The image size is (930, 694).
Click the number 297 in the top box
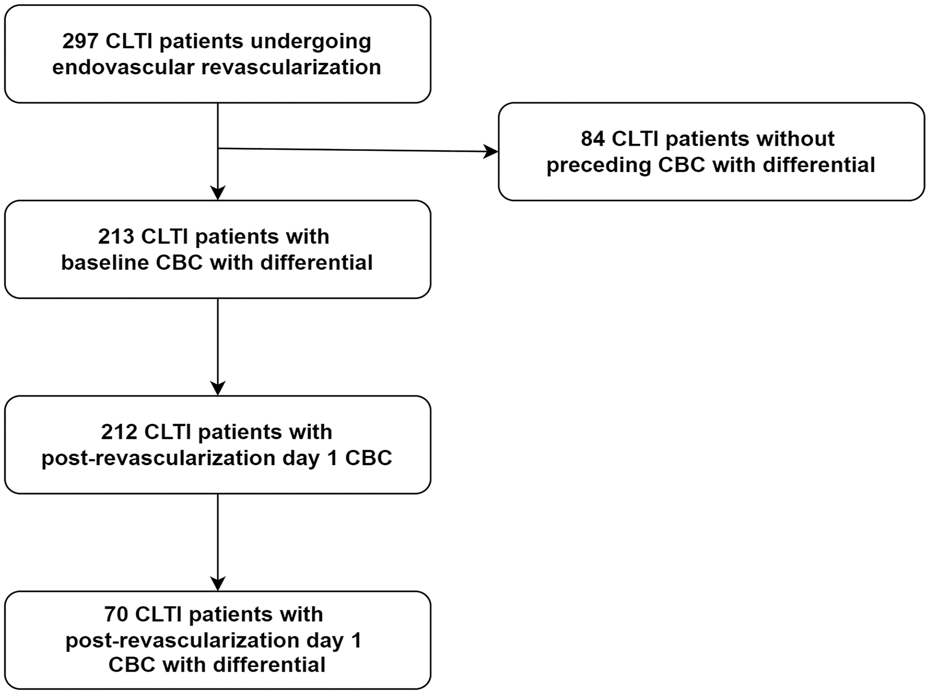80,41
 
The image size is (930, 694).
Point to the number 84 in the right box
593,139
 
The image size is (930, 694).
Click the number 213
116,237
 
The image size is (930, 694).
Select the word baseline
105,262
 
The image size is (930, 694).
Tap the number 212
119,432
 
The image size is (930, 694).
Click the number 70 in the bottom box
116,614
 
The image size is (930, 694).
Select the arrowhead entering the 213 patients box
218,193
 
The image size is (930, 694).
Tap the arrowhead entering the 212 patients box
218,388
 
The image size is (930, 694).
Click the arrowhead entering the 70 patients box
218,584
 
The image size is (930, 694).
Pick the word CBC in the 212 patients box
369,458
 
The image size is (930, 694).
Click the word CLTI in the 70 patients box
158,614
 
